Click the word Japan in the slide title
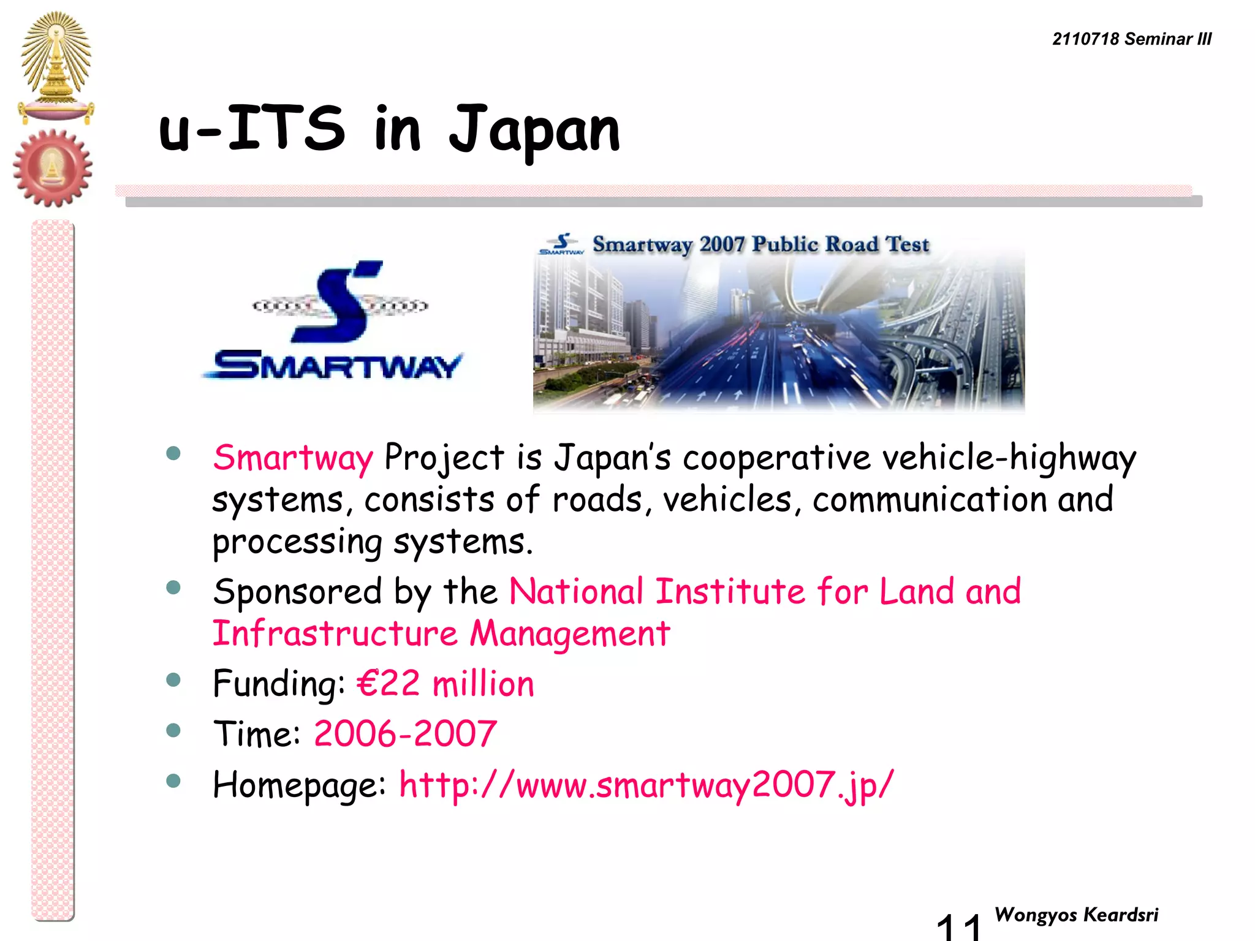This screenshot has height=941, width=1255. pos(534,130)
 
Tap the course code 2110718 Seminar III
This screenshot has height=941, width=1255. pos(1131,39)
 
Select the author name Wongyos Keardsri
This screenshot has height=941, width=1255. pos(1076,915)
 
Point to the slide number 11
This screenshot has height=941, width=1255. pos(959,926)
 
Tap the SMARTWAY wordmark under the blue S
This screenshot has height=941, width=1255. pos(333,366)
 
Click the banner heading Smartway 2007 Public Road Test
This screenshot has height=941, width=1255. pos(760,244)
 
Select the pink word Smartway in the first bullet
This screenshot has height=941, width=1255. pos(293,458)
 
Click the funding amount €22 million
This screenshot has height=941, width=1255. pos(446,684)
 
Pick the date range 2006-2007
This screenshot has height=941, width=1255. pos(405,734)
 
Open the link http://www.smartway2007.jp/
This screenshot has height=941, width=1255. pos(646,785)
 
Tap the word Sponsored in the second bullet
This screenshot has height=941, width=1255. pos(298,592)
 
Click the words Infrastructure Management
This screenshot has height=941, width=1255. pos(441,633)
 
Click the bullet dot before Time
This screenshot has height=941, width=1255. pos(173,730)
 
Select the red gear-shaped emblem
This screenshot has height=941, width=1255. pos(53,168)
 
